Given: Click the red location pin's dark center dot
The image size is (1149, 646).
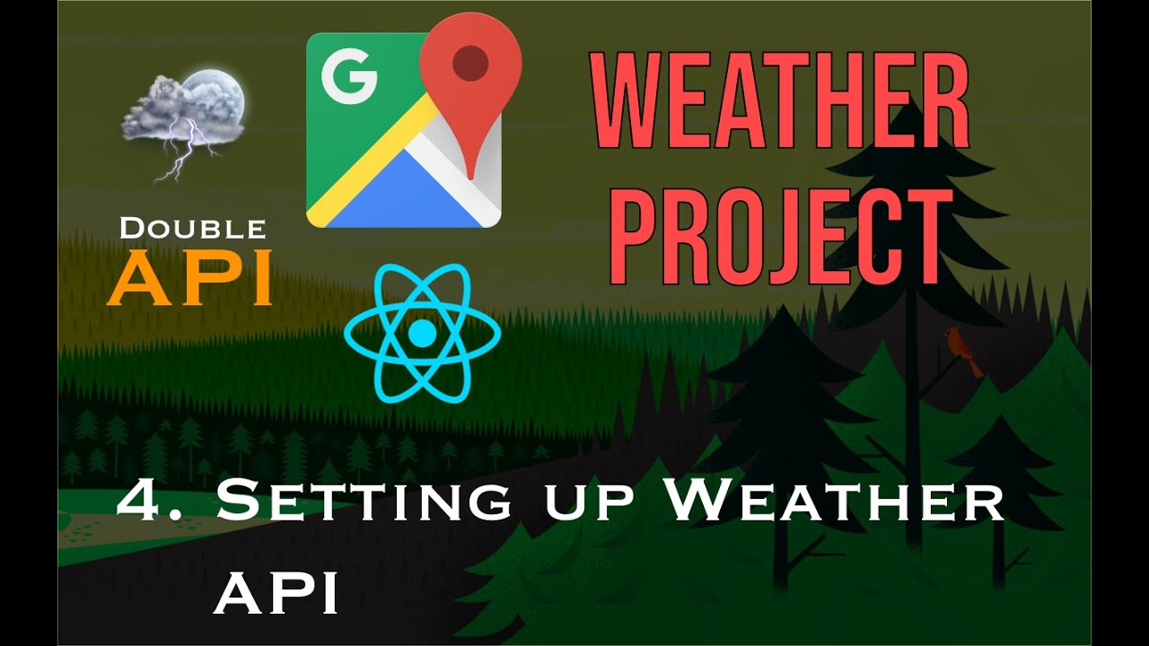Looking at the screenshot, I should pyautogui.click(x=470, y=64).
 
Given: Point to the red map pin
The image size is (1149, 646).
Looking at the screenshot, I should pyautogui.click(x=470, y=85).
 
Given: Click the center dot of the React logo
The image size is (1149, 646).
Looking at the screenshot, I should pyautogui.click(x=421, y=334).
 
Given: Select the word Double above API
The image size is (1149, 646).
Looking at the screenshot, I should pyautogui.click(x=192, y=228).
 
